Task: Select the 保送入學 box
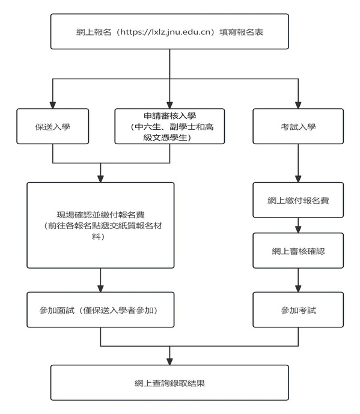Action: tap(53, 126)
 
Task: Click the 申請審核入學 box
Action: tap(169, 126)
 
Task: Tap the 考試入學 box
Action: tap(298, 126)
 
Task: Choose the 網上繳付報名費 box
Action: tap(298, 199)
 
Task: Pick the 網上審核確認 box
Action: tap(298, 251)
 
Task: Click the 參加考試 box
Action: tap(298, 310)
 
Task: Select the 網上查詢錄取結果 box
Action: tap(169, 382)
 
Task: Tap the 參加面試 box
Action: tap(100, 310)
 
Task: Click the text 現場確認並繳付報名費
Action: tap(100, 215)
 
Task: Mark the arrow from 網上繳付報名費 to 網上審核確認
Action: tap(298, 226)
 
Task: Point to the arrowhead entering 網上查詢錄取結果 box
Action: tap(169, 360)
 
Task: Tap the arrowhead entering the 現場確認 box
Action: tap(100, 178)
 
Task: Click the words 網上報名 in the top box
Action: tap(90, 33)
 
